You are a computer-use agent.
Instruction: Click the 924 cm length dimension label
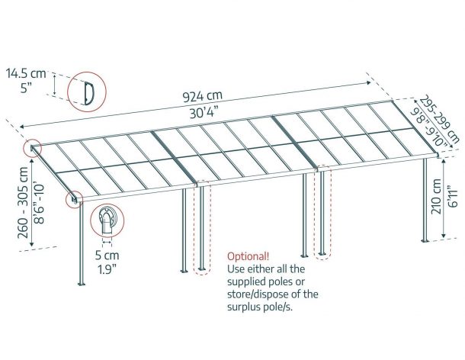click(x=202, y=96)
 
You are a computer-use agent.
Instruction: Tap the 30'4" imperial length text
click(x=204, y=112)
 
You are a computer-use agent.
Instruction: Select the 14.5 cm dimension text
click(x=27, y=73)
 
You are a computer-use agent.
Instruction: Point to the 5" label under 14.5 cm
click(x=26, y=88)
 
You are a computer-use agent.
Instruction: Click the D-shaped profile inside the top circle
click(x=88, y=93)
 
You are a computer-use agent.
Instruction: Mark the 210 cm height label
click(x=436, y=197)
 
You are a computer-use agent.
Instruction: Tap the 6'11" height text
click(x=453, y=197)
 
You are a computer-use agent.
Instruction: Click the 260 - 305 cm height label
click(x=23, y=203)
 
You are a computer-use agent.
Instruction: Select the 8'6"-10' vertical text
click(x=39, y=204)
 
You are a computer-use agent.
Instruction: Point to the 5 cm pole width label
click(x=107, y=256)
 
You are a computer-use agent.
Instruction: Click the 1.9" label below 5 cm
click(x=107, y=269)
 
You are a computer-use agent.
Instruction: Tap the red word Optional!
click(x=249, y=256)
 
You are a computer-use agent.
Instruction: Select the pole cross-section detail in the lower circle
click(x=107, y=220)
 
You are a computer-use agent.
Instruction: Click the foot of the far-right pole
click(x=425, y=240)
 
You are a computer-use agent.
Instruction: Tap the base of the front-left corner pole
click(x=82, y=284)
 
